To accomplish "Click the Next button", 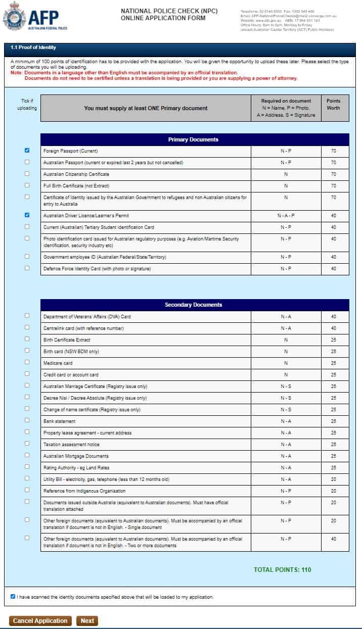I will (87, 621).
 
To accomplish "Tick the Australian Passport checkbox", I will (27, 162).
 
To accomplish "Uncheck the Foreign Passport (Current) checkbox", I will (27, 151).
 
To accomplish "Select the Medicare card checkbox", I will (27, 362).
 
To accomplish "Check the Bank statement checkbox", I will (27, 420).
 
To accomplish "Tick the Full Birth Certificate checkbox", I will (27, 185).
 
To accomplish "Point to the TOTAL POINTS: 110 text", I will (282, 570).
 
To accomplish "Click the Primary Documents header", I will (195, 139).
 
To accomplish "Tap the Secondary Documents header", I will (195, 305).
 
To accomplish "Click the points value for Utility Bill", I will (334, 479).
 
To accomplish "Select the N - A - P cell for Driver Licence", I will (286, 216).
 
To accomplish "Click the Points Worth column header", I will (334, 105).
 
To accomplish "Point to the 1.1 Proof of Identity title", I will (33, 47).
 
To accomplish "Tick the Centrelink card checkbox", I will (27, 327).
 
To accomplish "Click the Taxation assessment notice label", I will (71, 445).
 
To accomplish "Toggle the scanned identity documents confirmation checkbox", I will (13, 597).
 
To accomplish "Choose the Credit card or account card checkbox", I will (27, 374).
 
